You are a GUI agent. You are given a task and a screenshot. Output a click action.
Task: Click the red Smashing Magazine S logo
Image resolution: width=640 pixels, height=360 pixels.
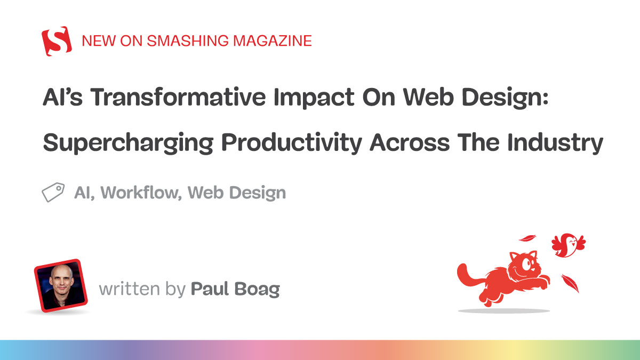point(57,41)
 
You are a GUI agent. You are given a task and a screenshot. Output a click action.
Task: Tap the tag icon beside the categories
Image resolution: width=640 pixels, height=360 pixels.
point(53,193)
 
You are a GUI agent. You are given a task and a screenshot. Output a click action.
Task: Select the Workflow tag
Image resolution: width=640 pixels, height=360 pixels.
point(140,193)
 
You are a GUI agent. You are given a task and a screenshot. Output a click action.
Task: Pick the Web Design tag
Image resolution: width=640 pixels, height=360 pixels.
point(237,193)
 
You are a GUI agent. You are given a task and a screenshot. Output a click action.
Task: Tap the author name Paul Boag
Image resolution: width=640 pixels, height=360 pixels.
point(235,290)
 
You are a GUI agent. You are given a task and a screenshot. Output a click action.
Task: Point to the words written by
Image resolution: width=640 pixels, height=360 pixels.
point(141,290)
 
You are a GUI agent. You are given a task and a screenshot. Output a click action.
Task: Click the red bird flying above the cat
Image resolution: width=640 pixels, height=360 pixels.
point(566,245)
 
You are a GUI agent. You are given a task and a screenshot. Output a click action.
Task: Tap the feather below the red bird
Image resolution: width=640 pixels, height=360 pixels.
point(570,283)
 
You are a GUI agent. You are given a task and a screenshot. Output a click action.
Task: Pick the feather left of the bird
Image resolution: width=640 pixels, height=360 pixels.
point(527,239)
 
